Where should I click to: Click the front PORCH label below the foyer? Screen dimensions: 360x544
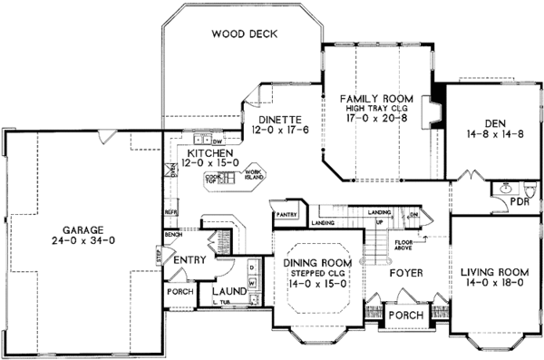tap(400, 316)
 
